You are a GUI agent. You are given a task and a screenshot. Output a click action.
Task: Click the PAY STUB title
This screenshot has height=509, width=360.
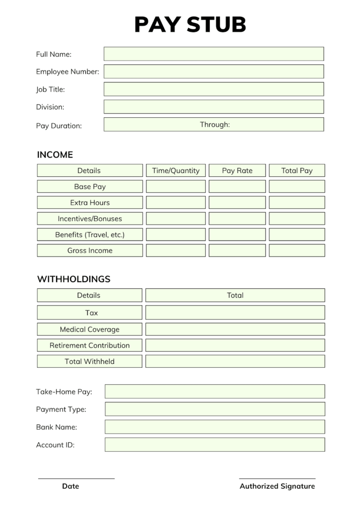190,24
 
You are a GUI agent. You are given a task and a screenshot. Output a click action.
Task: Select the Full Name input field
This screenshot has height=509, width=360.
213,54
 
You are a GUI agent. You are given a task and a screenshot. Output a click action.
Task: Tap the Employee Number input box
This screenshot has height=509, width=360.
213,72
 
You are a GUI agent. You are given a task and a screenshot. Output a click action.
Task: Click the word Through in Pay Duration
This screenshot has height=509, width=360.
215,125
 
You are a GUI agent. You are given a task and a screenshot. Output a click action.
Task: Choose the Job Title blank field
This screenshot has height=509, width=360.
213,89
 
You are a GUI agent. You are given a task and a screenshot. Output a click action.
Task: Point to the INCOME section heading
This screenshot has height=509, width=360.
55,155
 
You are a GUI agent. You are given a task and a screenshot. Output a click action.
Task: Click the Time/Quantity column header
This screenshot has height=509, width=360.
176,170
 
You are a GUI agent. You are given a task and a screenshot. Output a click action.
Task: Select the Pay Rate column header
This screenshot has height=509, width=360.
237,170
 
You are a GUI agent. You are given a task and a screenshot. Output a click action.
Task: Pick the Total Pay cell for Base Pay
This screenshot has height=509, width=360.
297,187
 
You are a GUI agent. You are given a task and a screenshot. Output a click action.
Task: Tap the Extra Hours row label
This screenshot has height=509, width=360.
90,203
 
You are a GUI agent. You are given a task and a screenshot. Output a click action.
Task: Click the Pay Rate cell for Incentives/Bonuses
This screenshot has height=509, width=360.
237,219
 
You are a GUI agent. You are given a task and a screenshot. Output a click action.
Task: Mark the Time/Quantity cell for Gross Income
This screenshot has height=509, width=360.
176,251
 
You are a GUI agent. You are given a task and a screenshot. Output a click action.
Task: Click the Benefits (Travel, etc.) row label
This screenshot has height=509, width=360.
90,235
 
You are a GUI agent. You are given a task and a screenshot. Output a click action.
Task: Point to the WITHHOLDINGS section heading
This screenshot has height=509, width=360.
74,279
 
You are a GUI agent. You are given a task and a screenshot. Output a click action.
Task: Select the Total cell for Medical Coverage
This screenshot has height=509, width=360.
235,329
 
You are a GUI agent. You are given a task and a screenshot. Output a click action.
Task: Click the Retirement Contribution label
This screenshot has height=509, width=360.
90,345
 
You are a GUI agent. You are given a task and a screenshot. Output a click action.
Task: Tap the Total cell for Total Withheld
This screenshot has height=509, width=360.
235,361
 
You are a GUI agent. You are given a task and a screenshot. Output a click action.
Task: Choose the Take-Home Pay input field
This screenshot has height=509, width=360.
214,391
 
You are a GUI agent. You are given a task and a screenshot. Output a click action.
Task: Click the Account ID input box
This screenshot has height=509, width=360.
214,445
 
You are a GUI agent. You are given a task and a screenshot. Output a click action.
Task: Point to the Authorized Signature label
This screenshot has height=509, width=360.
277,487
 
